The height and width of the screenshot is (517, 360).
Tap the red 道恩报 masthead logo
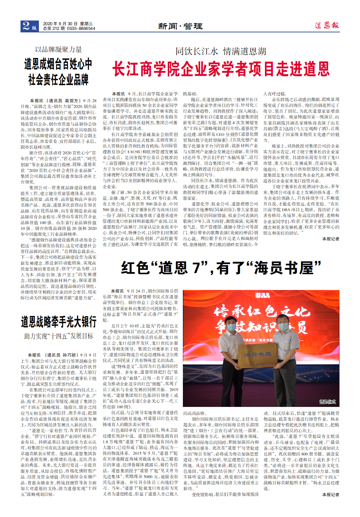[x=327, y=25]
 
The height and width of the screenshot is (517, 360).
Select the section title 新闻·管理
[x=180, y=26]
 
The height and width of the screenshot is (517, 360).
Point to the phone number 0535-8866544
[x=81, y=28]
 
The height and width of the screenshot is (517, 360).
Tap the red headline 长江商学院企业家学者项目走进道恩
[x=221, y=69]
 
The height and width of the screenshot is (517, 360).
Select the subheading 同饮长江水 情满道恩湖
[x=221, y=51]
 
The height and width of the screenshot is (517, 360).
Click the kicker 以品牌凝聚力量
[x=58, y=50]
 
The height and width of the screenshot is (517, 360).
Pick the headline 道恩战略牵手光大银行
[x=58, y=321]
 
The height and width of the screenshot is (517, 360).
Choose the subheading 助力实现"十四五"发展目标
[x=58, y=336]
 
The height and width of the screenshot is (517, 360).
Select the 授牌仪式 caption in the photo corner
[x=327, y=402]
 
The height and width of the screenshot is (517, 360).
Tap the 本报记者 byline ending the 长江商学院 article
[x=330, y=239]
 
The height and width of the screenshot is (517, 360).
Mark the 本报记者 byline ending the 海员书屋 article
[x=330, y=495]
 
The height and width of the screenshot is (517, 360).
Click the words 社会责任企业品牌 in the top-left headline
[x=58, y=80]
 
